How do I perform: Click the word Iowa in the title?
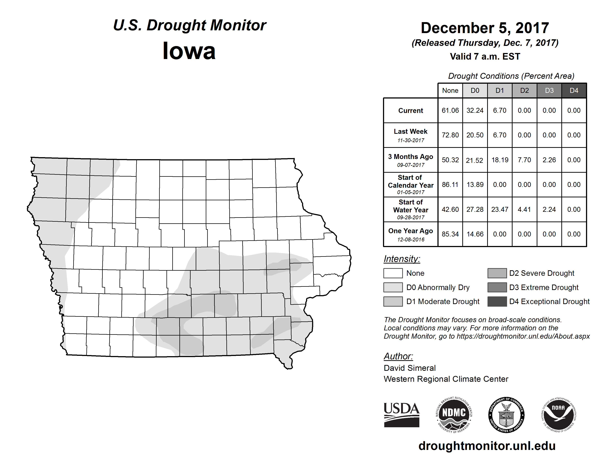click(189, 51)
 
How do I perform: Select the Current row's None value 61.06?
click(450, 110)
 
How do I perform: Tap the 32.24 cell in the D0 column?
click(475, 110)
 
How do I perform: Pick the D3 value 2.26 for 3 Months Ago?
click(549, 160)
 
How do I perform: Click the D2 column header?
click(524, 90)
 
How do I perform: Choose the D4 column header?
click(574, 90)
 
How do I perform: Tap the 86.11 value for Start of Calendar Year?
click(450, 184)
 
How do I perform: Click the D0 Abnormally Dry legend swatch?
click(393, 287)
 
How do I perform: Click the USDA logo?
click(401, 415)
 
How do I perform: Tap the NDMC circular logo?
click(454, 415)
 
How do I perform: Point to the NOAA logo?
click(558, 415)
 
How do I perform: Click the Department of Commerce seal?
click(506, 415)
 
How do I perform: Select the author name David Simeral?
click(409, 368)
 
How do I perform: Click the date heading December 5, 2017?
click(485, 28)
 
